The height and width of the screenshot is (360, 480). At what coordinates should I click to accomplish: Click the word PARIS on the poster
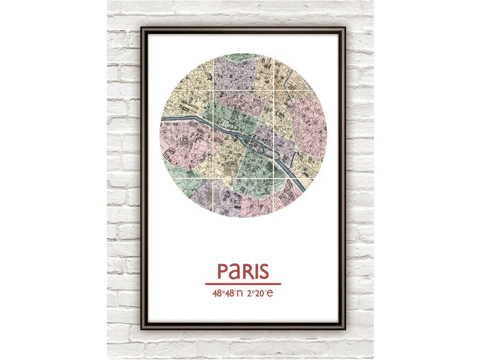[243, 271]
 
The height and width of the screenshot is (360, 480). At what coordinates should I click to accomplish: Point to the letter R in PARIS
[247, 271]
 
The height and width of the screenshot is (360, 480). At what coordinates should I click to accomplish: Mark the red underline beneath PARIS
[243, 284]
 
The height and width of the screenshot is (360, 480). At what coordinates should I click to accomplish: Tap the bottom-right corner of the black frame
[344, 328]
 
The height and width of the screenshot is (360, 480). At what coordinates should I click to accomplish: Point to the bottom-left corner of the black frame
[142, 328]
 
